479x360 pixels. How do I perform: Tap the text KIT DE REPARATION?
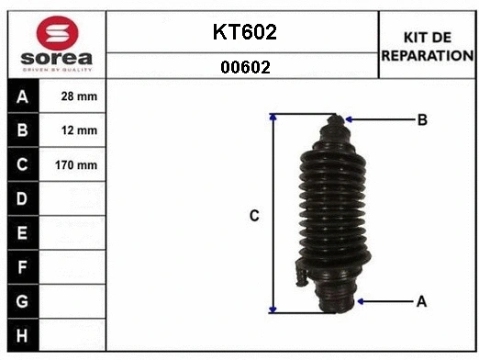click(426, 46)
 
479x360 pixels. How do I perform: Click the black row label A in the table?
click(21, 96)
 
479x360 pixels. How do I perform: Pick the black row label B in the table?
click(21, 130)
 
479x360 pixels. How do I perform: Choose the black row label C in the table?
click(21, 165)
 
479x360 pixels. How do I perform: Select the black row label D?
click(21, 199)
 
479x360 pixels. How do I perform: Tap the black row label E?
click(21, 233)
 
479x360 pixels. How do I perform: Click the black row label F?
click(21, 267)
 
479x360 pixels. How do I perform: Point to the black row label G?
click(21, 301)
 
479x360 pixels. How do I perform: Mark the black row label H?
click(21, 335)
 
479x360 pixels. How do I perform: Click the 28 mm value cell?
click(79, 96)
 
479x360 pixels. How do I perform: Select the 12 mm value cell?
click(79, 130)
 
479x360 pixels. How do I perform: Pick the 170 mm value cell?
click(79, 165)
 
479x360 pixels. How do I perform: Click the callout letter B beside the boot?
click(422, 119)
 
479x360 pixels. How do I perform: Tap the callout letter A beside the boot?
click(422, 300)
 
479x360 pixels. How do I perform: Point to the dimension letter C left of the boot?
click(255, 216)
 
